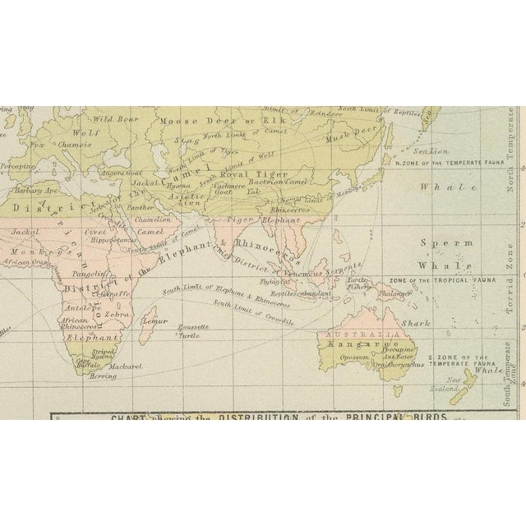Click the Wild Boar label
[108, 118]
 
